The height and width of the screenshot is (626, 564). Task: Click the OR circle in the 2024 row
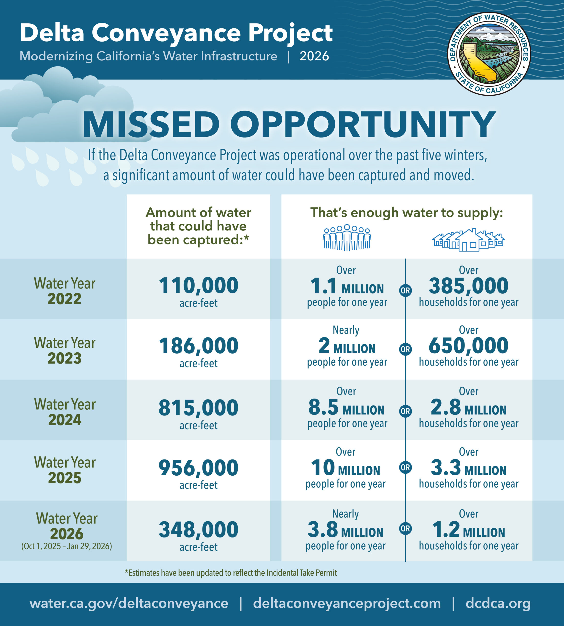click(405, 411)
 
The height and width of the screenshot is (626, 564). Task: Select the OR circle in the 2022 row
click(405, 291)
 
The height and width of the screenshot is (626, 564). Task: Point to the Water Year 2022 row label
click(65, 291)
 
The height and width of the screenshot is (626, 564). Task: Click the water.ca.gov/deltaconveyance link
click(129, 603)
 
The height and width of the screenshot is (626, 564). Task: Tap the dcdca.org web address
click(498, 603)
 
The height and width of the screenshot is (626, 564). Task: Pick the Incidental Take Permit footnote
click(231, 573)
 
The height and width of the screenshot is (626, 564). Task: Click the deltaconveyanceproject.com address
click(347, 603)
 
